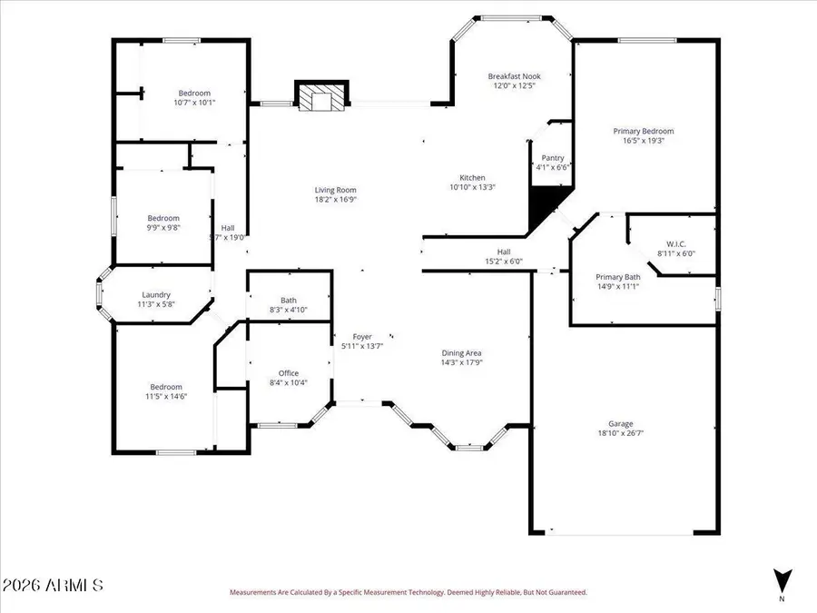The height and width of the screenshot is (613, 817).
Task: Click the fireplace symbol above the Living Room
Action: pos(321,97)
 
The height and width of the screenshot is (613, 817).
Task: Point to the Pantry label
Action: pos(553,157)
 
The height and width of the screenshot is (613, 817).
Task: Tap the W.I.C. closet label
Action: pos(675,243)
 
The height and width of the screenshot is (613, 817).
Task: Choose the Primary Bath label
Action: pos(618,277)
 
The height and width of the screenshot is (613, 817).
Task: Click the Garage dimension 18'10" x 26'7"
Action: pos(621,434)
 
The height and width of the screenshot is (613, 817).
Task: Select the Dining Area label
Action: pos(461,352)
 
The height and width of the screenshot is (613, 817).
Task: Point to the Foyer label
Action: pos(362,337)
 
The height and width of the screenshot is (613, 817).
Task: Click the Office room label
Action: pos(289,373)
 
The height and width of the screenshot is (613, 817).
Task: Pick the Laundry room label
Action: pos(156,294)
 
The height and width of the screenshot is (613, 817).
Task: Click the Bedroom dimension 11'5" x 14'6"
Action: pos(166,397)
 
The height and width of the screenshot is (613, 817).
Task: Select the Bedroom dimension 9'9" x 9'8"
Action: pos(164,228)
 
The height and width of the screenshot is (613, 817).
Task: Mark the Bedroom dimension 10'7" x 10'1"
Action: pos(194,103)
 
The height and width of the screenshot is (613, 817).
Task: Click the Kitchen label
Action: pos(472,177)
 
